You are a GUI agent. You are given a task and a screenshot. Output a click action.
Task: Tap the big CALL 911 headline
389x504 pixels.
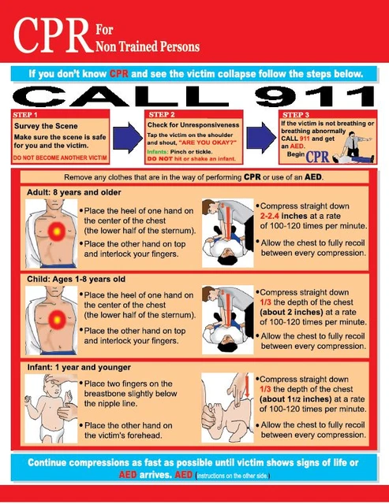[194, 97]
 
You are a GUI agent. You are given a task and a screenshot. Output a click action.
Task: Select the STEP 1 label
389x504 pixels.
[29, 114]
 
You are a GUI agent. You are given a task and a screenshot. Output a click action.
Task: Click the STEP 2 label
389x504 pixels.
[163, 114]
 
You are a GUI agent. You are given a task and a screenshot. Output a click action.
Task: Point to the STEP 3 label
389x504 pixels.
[297, 114]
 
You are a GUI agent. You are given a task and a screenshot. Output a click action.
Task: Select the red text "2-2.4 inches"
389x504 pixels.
[289, 227]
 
